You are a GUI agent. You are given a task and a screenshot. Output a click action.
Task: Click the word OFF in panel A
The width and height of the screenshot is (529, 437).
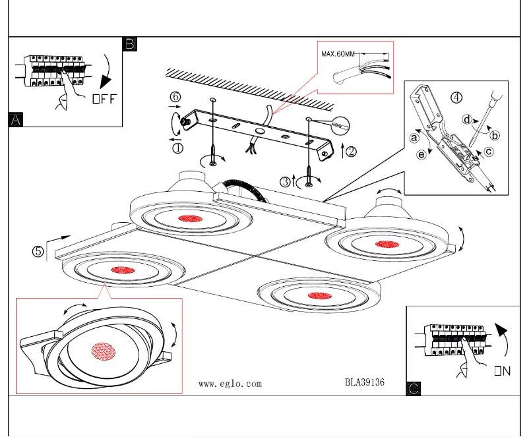tap(104, 100)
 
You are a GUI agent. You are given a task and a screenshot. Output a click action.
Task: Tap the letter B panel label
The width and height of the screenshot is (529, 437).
tap(130, 44)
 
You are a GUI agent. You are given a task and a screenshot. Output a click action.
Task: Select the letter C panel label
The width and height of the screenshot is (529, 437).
tap(414, 389)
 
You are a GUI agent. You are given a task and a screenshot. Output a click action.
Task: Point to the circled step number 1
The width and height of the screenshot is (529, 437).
tap(177, 148)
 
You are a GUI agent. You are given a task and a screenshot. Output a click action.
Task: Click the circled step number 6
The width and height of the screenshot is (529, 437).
tap(175, 97)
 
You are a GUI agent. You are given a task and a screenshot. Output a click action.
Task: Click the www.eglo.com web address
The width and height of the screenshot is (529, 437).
tap(230, 384)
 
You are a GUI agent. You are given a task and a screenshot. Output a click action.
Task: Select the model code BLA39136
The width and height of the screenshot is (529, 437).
tap(364, 382)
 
